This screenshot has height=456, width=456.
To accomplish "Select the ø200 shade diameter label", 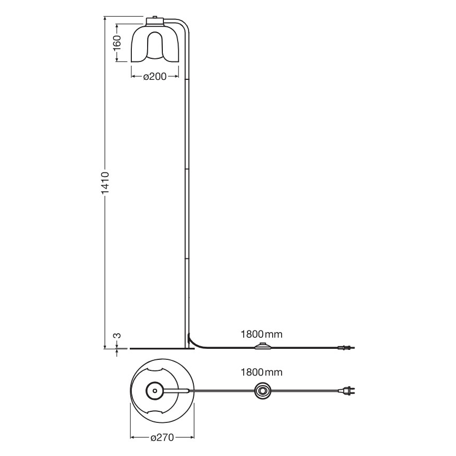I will coord(154,77).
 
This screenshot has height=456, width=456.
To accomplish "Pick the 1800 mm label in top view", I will coord(261,372).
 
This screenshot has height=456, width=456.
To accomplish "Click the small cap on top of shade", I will coord(154,20).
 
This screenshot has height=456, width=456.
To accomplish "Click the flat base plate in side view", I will coord(158,348).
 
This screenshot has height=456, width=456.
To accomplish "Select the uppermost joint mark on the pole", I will coord(187,79).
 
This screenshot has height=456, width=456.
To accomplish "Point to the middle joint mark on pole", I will coord(187,169).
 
